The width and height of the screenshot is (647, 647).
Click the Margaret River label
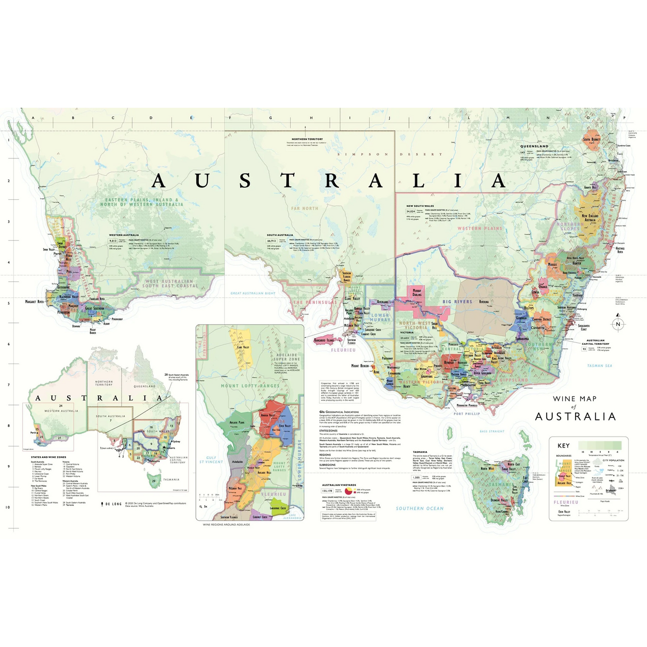pos(34,302)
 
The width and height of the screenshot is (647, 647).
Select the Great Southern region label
pos(95,308)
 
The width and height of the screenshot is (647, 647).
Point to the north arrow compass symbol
pos(618,324)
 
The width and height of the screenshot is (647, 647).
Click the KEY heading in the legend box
pos(563,446)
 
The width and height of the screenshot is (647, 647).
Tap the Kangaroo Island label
pos(324,339)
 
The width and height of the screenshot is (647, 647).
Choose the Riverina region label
pos(483,302)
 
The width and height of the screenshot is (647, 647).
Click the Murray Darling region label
pos(417,293)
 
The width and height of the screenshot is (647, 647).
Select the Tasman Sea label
pos(600,366)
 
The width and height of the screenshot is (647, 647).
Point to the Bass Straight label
pos(491,431)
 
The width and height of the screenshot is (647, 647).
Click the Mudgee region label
pos(553,264)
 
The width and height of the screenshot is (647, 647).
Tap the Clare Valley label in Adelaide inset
pos(243,347)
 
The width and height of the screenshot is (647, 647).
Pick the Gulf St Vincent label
pos(211,459)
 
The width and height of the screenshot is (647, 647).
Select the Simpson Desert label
pos(390,155)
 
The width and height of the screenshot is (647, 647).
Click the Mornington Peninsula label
pos(467,406)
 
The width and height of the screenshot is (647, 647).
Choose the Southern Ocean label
pos(419,508)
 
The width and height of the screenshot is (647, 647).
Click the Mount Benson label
pos(360,366)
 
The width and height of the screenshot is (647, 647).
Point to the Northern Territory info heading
pos(307,139)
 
